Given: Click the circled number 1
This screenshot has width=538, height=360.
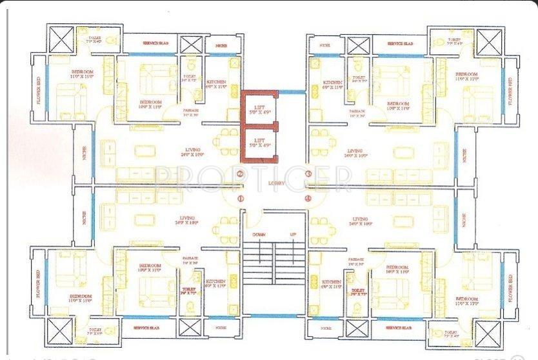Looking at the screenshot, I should tap(240, 198).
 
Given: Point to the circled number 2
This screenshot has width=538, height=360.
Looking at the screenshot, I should tap(240, 174).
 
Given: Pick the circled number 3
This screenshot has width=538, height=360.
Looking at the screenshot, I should tap(308, 174).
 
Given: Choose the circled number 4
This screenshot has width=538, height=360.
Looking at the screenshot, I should tap(308, 198).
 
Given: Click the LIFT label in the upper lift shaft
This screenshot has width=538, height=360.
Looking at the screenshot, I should tap(259, 108).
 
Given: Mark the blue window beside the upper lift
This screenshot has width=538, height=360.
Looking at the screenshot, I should tap(292, 93).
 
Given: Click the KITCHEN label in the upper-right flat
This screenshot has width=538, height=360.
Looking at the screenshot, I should tap(332, 83).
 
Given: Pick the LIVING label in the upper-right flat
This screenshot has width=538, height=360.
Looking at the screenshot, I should tap(355, 152).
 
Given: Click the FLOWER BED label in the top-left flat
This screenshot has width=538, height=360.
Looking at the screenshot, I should tap(39, 92).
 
